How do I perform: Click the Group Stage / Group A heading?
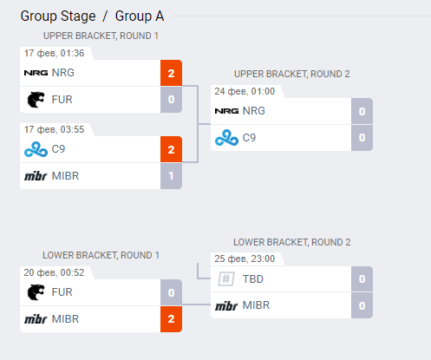(92, 16)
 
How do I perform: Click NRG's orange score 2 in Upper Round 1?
(171, 73)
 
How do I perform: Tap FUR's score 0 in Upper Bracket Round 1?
(171, 100)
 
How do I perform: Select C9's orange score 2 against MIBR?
(171, 149)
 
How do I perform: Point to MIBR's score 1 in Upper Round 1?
(171, 176)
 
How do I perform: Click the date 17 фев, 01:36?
(54, 53)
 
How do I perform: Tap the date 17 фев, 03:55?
(54, 129)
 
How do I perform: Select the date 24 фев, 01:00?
(245, 91)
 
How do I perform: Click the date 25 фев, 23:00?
(245, 259)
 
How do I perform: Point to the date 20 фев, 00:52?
(54, 272)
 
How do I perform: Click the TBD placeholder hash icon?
(226, 279)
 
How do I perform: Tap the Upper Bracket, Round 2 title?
(292, 74)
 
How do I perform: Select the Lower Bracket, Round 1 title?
(101, 255)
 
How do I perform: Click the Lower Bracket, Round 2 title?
(292, 242)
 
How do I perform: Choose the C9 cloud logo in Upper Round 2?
(226, 138)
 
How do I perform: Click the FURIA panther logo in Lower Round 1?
(36, 292)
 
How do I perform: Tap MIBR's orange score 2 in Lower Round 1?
(171, 319)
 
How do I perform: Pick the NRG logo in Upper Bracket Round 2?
(226, 111)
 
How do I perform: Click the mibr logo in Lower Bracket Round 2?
(226, 305)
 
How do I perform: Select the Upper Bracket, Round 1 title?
(101, 36)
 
